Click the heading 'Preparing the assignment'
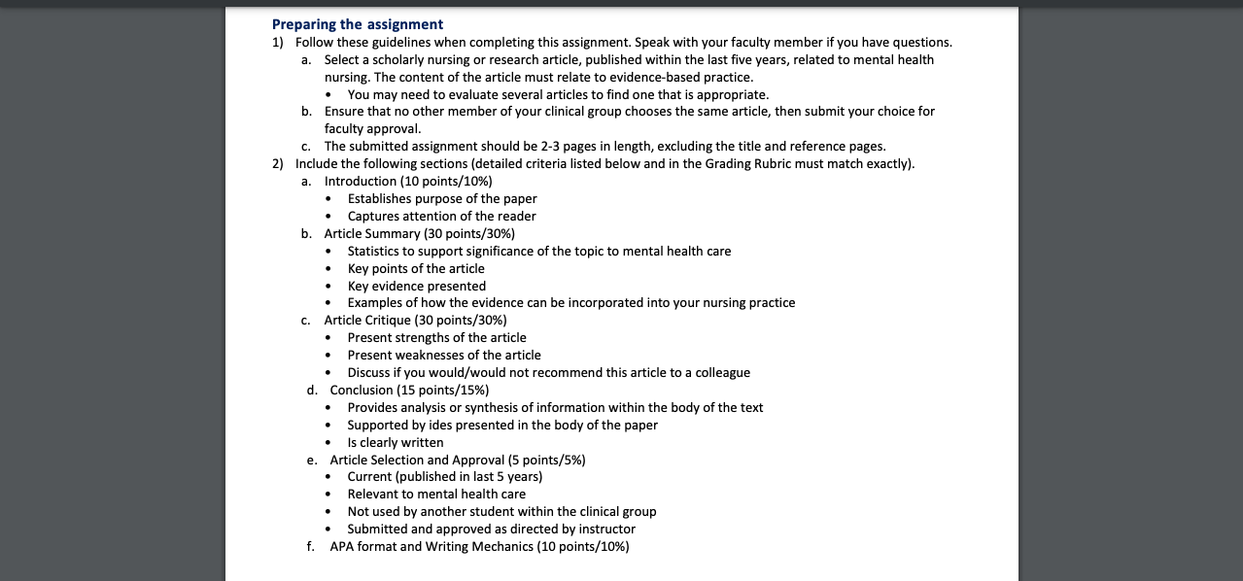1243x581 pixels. [357, 24]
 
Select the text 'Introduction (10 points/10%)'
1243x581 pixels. [408, 182]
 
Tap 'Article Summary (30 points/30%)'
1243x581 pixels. [419, 234]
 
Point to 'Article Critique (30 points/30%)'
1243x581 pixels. [415, 321]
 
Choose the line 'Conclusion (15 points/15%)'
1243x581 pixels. [409, 391]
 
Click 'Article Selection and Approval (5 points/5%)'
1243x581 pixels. [457, 461]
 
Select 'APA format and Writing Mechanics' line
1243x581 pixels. [479, 547]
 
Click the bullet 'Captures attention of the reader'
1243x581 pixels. [441, 217]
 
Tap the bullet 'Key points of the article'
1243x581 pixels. [416, 269]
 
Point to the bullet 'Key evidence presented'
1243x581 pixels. [416, 287]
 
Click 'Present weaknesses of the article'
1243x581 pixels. [444, 356]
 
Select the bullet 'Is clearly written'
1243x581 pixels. [396, 443]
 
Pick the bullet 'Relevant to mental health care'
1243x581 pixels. [436, 495]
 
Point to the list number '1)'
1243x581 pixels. [278, 43]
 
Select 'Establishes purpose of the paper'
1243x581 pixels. [442, 199]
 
